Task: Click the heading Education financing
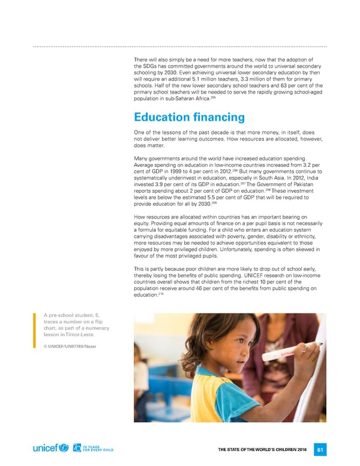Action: pyautogui.click(x=189, y=116)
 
